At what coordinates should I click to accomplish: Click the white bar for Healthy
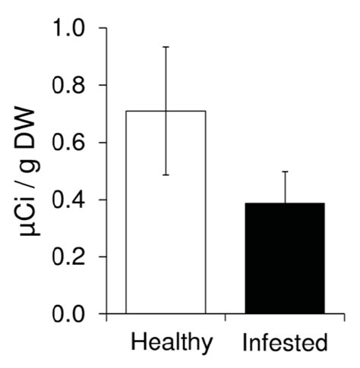tap(166, 212)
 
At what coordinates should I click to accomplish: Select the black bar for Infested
tap(285, 258)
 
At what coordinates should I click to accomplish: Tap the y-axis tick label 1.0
tap(68, 27)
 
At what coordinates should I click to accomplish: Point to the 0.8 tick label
tap(68, 85)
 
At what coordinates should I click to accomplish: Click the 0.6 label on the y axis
tap(68, 143)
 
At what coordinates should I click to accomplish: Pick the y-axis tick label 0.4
tap(68, 200)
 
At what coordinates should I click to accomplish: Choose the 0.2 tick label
tap(68, 257)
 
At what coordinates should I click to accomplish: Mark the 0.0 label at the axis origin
tap(68, 314)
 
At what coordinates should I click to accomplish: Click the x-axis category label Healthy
tap(172, 344)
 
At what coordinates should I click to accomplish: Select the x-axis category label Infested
tap(285, 342)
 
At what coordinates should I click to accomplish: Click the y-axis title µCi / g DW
tap(29, 172)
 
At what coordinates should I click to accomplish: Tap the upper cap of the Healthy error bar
tap(166, 47)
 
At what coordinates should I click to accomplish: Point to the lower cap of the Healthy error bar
tap(166, 175)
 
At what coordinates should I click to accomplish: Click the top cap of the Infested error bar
tap(285, 171)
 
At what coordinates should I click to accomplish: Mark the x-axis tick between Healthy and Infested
tap(226, 318)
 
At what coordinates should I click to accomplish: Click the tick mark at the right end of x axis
tap(344, 318)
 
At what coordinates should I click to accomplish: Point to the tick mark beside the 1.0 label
tap(103, 27)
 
